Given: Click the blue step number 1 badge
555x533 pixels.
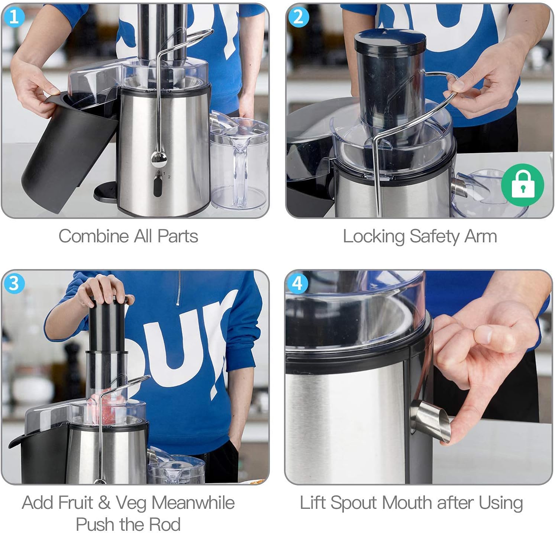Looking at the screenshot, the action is point(14,17).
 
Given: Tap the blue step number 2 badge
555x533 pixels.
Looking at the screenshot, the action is point(298,17).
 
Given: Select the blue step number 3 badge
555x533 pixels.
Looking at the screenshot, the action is point(14,284).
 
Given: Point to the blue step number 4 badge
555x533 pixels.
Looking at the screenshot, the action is point(297,284).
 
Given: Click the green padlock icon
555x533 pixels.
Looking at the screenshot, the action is point(522,185).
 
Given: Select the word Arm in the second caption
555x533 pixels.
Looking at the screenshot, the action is point(481,236).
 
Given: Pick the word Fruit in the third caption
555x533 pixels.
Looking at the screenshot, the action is point(75,503).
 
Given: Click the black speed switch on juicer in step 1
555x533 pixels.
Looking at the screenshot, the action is point(158,185).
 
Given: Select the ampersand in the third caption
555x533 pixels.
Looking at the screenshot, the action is point(104,503).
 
